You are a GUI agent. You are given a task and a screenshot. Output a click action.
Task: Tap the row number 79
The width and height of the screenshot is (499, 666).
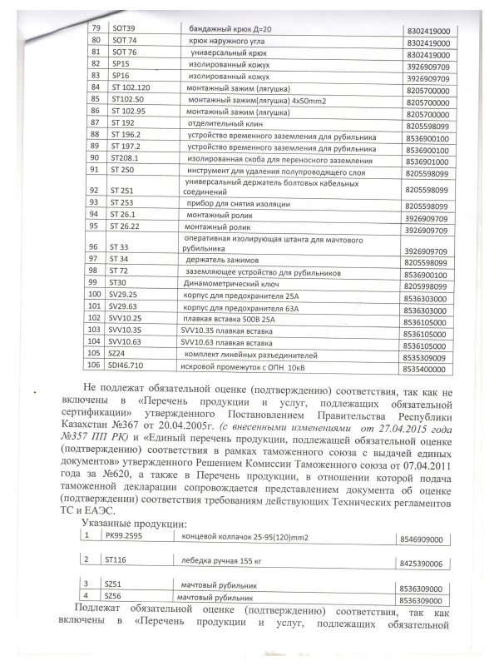(94, 29)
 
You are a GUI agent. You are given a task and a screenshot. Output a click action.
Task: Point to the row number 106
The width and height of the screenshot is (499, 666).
(94, 365)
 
